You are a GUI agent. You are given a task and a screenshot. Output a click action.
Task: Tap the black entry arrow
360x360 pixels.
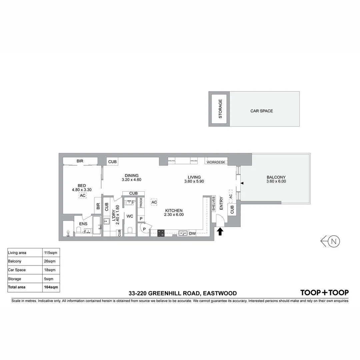220,231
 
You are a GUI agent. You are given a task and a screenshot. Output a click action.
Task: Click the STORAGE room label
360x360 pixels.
220,109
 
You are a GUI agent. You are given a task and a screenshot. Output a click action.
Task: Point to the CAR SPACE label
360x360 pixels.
262,111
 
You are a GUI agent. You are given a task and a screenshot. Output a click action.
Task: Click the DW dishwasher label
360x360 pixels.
192,234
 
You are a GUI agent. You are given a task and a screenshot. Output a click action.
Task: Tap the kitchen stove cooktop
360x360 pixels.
161,233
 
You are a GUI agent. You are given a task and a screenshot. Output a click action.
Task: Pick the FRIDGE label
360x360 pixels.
141,202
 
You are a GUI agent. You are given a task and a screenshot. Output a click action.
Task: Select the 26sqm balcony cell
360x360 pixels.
50,261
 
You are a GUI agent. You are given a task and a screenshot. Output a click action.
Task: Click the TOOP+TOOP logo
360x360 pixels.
324,293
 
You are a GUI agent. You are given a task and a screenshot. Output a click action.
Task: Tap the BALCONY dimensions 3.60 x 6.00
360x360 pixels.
276,181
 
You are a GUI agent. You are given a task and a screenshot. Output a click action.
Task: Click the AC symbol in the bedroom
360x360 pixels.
83,195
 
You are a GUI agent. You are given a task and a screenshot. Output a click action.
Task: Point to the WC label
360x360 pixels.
130,216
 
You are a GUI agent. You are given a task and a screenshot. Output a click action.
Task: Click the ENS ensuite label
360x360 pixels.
83,224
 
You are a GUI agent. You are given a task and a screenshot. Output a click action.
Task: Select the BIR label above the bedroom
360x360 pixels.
80,161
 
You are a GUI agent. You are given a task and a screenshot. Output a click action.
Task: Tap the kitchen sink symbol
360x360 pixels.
182,233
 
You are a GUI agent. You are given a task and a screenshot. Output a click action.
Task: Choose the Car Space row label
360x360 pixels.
17,270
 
